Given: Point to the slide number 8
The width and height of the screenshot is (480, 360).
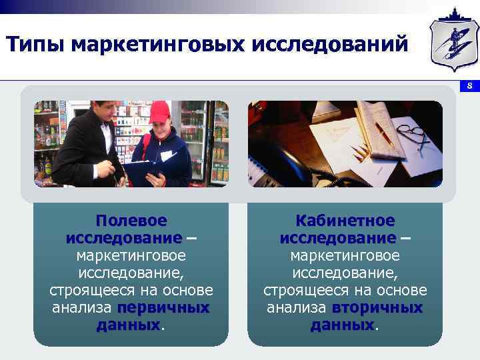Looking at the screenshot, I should pos(469,86).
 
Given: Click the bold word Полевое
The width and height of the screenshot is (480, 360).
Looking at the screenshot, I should pos(131,221).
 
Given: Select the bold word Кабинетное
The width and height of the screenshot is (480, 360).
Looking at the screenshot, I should pos(345,221).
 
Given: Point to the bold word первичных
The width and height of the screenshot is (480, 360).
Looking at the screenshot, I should pos(163,308).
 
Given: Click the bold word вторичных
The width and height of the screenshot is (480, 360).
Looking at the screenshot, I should pos(377,308).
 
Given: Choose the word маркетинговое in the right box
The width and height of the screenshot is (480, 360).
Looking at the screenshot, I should pos(345,256).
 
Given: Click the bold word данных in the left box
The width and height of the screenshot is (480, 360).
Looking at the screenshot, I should pos(129,325).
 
